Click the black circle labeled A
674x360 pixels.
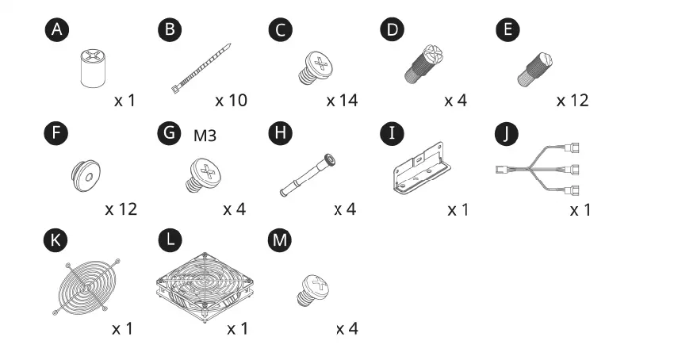pos(56,30)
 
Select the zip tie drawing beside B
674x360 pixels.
pos(201,70)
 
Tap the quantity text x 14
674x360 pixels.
pos(342,101)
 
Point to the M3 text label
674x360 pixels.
pos(205,136)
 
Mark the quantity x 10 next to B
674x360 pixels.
pos(231,101)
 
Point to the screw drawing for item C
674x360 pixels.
pos(315,67)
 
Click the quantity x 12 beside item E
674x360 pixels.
pos(573,101)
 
